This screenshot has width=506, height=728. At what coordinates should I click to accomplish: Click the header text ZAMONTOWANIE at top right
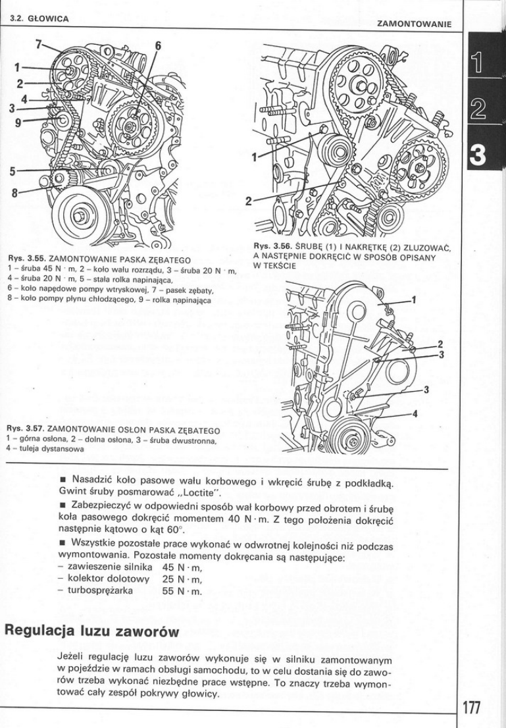(413, 24)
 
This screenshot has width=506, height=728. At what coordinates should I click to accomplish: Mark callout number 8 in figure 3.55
(14, 194)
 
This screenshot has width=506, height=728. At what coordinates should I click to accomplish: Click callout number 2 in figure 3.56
(249, 201)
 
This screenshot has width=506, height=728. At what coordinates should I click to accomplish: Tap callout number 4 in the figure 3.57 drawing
(415, 413)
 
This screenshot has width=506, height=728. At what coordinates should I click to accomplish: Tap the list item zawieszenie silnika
(103, 567)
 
